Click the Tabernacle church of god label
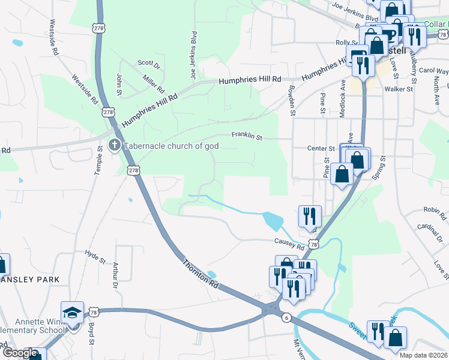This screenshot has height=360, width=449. (x=170, y=146)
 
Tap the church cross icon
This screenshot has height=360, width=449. (x=115, y=145)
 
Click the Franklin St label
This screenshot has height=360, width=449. (x=248, y=137)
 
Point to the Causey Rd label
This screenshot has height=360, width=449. (x=289, y=244)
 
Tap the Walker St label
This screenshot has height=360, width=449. (x=399, y=89)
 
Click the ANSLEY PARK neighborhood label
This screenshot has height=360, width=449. (x=30, y=280)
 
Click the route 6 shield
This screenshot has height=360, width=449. (x=288, y=318)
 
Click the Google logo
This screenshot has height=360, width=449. (x=20, y=353)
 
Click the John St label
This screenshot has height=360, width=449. (x=119, y=85)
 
